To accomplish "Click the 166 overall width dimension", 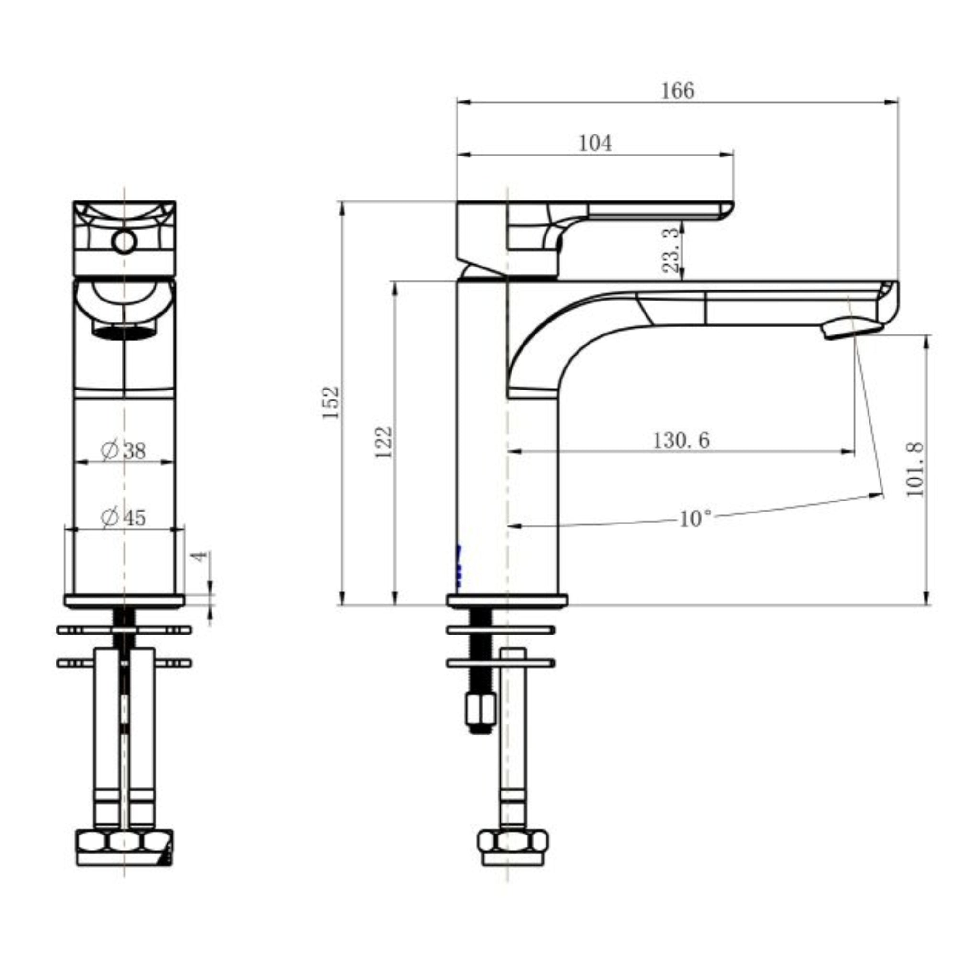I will pyautogui.click(x=677, y=91).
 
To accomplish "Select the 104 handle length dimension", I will pyautogui.click(x=595, y=144).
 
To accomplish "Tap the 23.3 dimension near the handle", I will pyautogui.click(x=670, y=250).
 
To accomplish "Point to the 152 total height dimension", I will pyautogui.click(x=331, y=402).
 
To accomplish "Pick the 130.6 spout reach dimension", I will pyautogui.click(x=681, y=440).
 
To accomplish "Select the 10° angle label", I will pyautogui.click(x=695, y=519).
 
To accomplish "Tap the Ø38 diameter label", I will pyautogui.click(x=124, y=450).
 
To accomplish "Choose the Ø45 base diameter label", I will pyautogui.click(x=124, y=517).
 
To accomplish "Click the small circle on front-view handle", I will pyautogui.click(x=124, y=242).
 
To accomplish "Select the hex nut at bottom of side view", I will pyautogui.click(x=513, y=842).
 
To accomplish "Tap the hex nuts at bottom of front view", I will pyautogui.click(x=124, y=842).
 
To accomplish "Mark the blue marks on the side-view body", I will pyautogui.click(x=459, y=567).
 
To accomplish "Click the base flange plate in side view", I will pyautogui.click(x=507, y=601).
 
